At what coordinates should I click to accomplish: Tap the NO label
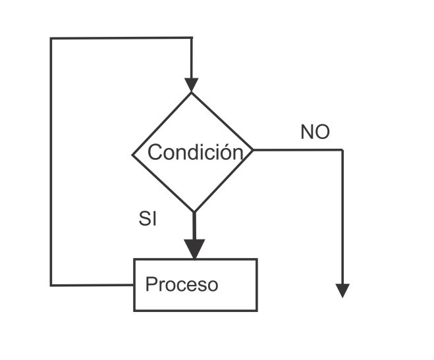click(x=315, y=132)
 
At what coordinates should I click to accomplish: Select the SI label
click(x=148, y=219)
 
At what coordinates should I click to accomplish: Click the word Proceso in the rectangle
click(x=181, y=285)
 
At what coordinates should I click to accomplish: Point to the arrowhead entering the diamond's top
click(x=191, y=85)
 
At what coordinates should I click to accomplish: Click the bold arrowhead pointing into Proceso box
click(x=194, y=248)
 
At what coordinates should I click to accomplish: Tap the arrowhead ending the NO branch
click(x=342, y=290)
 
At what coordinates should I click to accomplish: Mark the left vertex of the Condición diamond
click(x=133, y=155)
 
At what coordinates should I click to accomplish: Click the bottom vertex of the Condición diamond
click(x=194, y=212)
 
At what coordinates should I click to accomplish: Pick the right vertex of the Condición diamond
click(x=253, y=150)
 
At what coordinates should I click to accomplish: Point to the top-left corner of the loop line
click(x=51, y=38)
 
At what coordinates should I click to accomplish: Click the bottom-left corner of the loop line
click(x=51, y=285)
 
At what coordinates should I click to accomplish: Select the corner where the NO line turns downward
click(x=342, y=150)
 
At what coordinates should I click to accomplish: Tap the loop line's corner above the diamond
click(x=191, y=38)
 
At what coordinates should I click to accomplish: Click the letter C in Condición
click(x=155, y=153)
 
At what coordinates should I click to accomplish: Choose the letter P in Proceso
click(x=150, y=285)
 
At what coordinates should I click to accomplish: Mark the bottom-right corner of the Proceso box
click(x=256, y=310)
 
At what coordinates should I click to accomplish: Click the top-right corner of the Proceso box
click(x=256, y=259)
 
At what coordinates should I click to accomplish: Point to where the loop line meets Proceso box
click(x=134, y=285)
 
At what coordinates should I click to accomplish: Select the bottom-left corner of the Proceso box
click(x=134, y=310)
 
